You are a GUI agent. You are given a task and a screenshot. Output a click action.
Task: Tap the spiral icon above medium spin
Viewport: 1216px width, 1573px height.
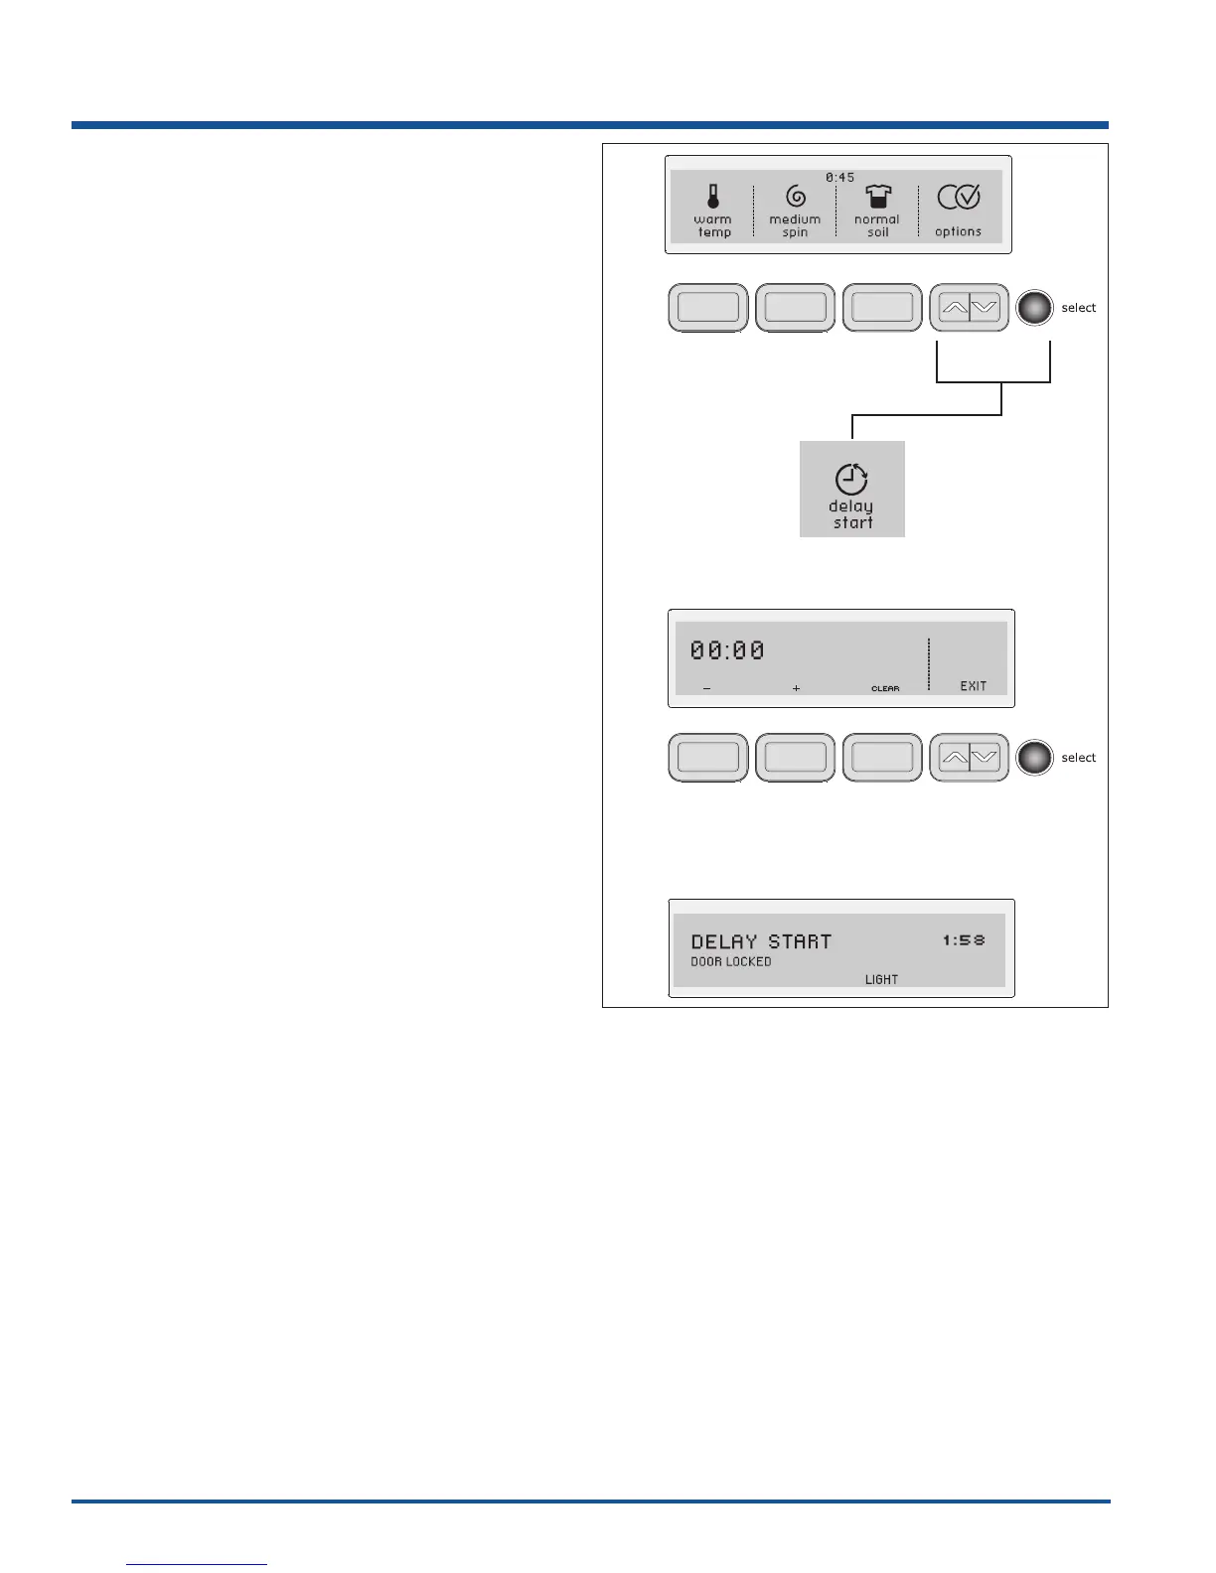[x=795, y=197]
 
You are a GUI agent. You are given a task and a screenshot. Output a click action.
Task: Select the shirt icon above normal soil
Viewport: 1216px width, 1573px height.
[x=877, y=197]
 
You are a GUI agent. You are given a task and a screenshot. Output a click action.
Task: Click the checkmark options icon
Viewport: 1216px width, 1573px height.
[x=959, y=198]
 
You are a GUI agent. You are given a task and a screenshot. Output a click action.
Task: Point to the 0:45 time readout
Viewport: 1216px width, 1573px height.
[x=839, y=178]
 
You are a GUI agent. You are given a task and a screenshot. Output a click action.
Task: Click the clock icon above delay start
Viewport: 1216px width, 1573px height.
[x=851, y=480]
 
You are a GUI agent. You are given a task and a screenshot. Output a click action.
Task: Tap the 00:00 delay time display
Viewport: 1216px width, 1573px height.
[x=727, y=650]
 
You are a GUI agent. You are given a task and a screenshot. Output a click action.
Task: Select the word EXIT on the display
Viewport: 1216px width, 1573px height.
[x=973, y=686]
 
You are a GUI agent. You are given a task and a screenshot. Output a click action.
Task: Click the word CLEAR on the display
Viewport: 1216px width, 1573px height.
[x=885, y=688]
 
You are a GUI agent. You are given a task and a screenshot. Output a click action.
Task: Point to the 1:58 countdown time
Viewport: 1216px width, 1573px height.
[x=964, y=939]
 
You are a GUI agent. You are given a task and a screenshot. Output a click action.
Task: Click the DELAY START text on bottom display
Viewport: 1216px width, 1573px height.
[x=761, y=941]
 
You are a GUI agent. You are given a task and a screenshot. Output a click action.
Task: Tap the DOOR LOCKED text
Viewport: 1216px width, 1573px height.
[x=731, y=962]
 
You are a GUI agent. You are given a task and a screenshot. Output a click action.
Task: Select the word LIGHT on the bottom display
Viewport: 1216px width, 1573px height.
[x=881, y=980]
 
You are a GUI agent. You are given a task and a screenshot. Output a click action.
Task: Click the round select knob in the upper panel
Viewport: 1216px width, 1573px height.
[x=1034, y=308]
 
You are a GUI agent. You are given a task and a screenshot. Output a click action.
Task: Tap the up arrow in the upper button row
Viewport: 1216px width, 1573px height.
[x=954, y=308]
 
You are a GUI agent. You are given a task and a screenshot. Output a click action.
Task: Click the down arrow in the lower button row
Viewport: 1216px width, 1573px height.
[x=985, y=758]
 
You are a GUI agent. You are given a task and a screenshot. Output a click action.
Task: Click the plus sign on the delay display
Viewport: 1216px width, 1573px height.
[x=796, y=688]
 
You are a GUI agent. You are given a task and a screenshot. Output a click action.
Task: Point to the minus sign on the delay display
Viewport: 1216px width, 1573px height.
[x=706, y=688]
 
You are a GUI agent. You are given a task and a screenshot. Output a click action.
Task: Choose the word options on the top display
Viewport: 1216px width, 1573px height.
[x=958, y=232]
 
